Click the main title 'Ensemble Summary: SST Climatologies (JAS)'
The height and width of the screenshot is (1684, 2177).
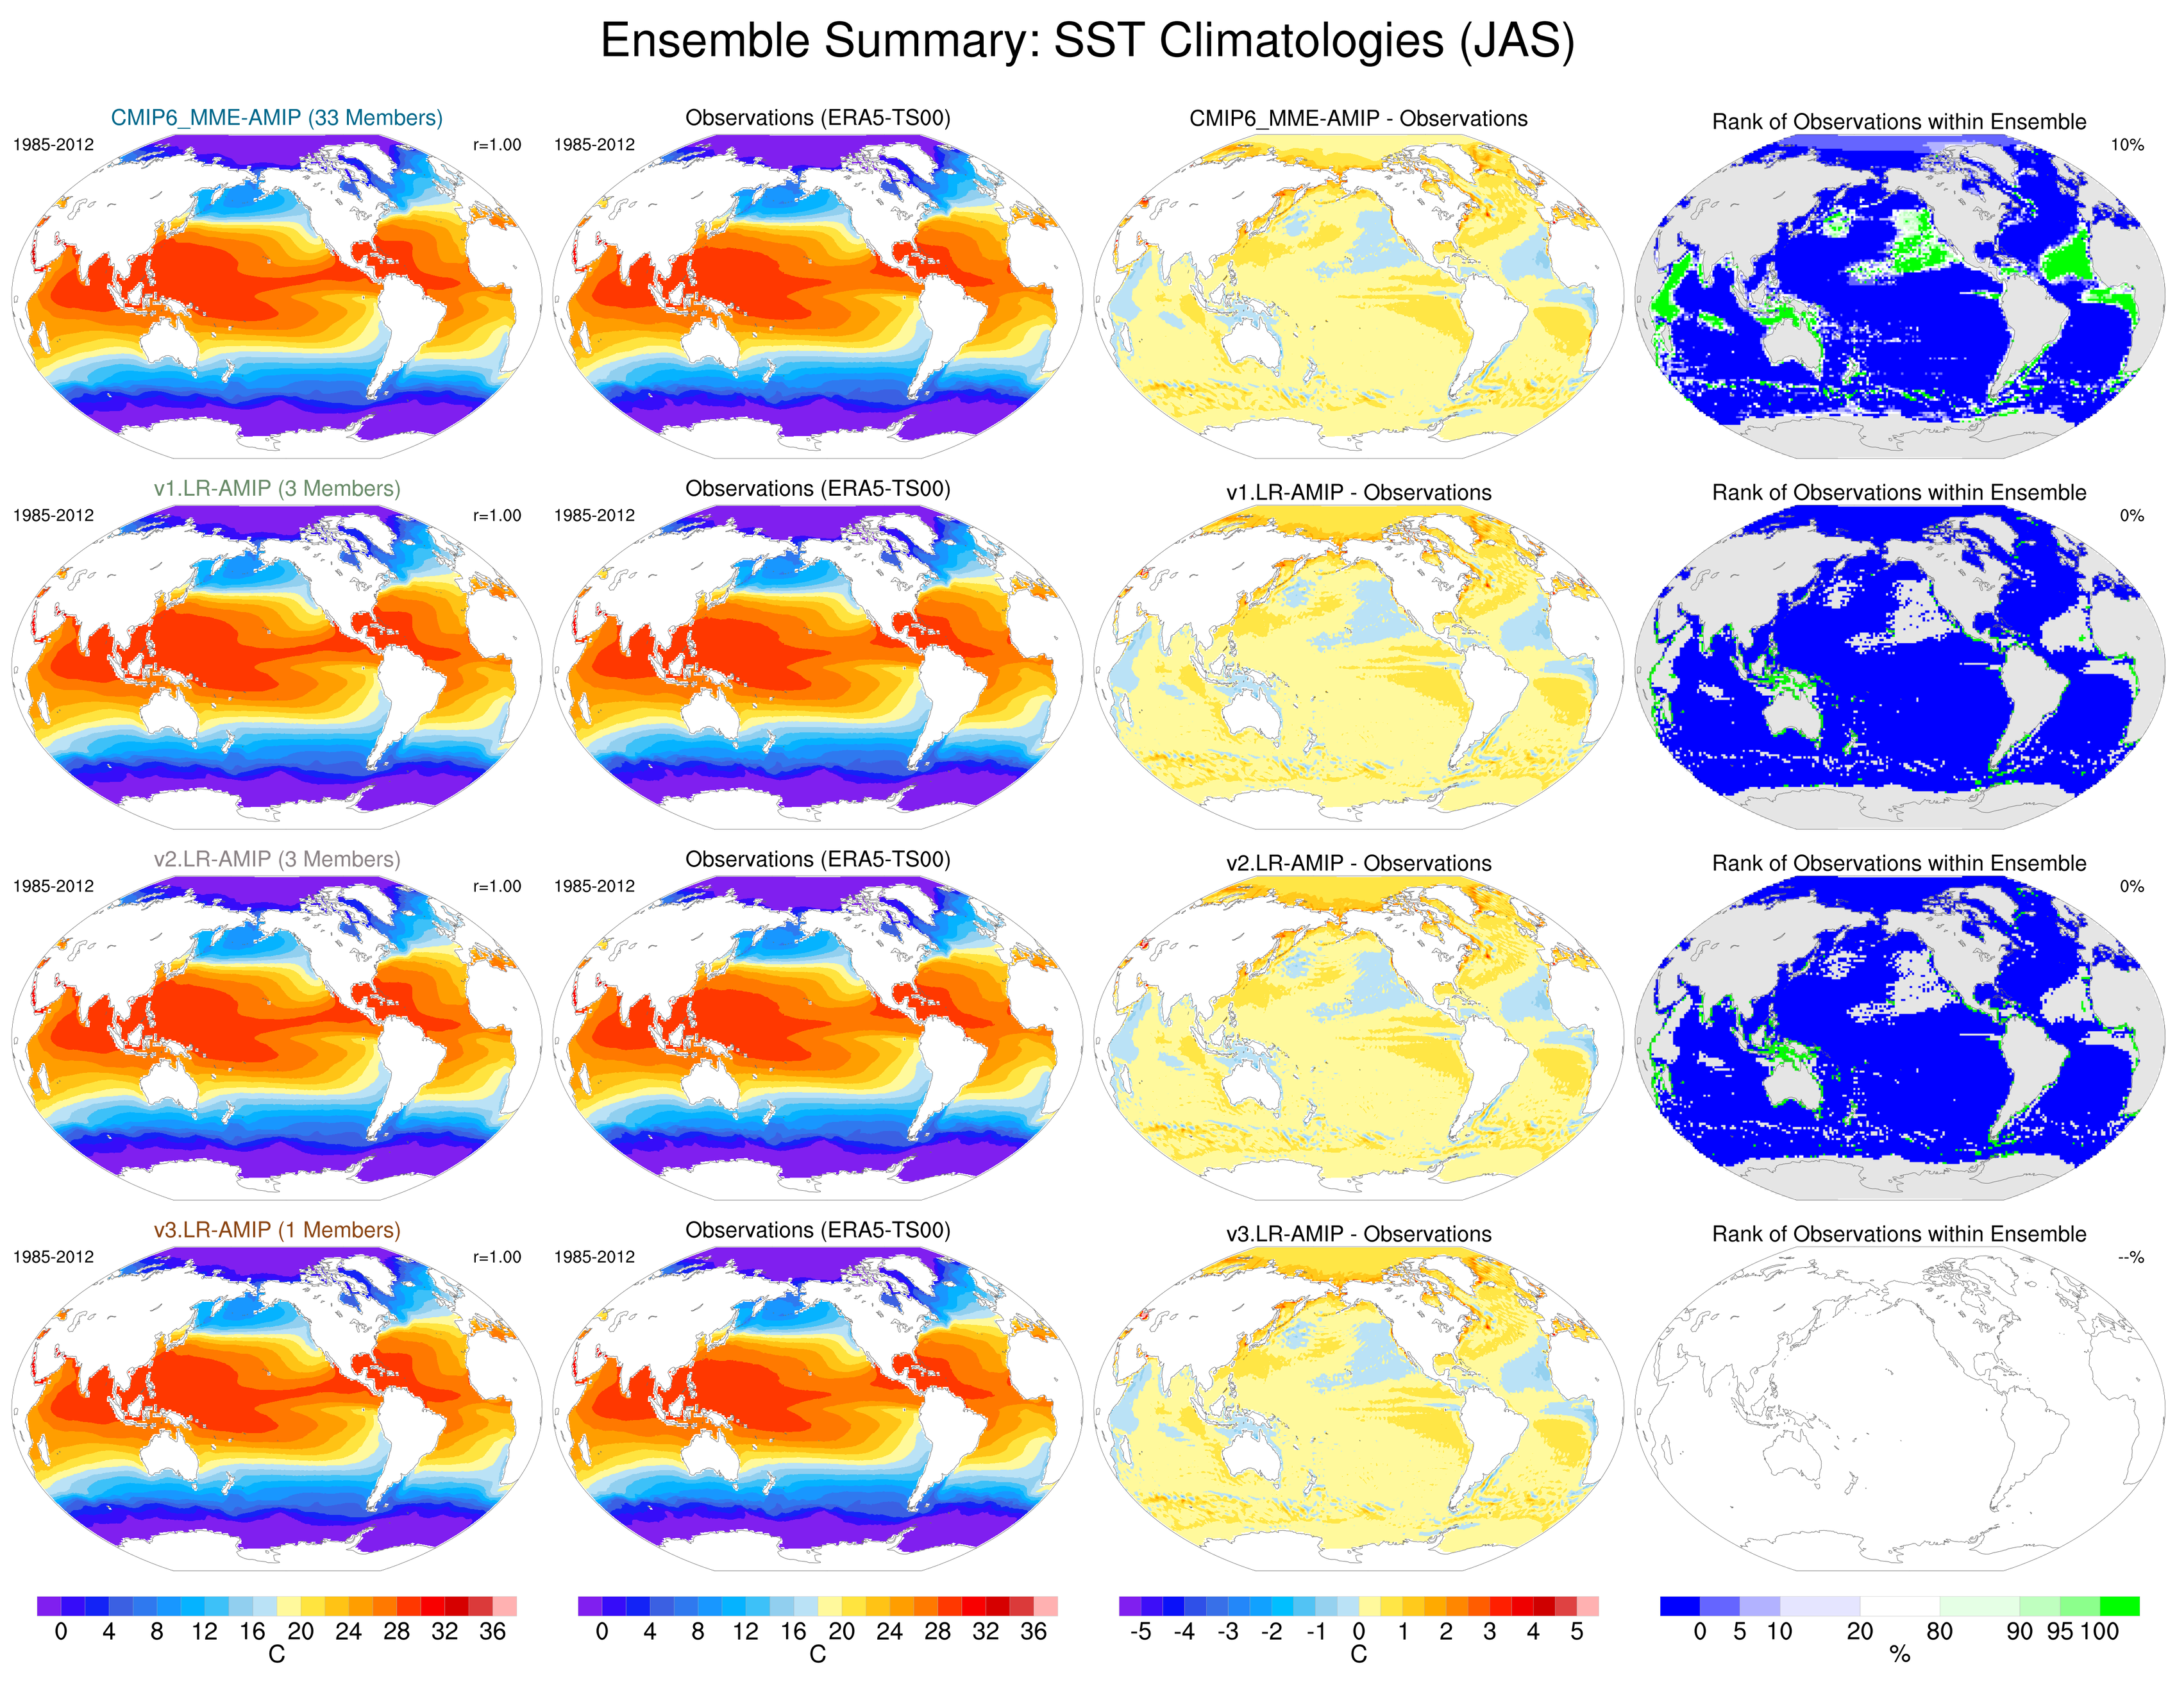[1086, 41]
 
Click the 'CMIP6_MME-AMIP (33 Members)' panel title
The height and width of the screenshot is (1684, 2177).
[276, 117]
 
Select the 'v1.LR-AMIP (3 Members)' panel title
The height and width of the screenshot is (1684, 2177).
[276, 489]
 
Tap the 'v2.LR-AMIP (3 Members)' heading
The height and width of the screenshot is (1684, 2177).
[276, 859]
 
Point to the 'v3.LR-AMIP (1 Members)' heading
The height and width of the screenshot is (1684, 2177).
[276, 1231]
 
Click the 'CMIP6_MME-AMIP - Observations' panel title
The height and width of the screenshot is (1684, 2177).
[1357, 119]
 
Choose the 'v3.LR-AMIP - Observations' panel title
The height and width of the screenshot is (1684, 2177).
[1357, 1234]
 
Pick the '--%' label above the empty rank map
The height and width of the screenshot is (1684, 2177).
[2130, 1258]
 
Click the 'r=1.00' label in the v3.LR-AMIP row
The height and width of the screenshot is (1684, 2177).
[496, 1258]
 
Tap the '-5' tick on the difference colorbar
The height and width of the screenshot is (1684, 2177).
[1140, 1632]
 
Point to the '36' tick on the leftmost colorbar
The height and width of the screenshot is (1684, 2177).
[492, 1632]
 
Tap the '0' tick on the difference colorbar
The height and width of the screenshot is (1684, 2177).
[1357, 1632]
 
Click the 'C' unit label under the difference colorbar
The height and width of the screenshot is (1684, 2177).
[1357, 1656]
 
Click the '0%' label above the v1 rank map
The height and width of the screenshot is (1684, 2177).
[2131, 516]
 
